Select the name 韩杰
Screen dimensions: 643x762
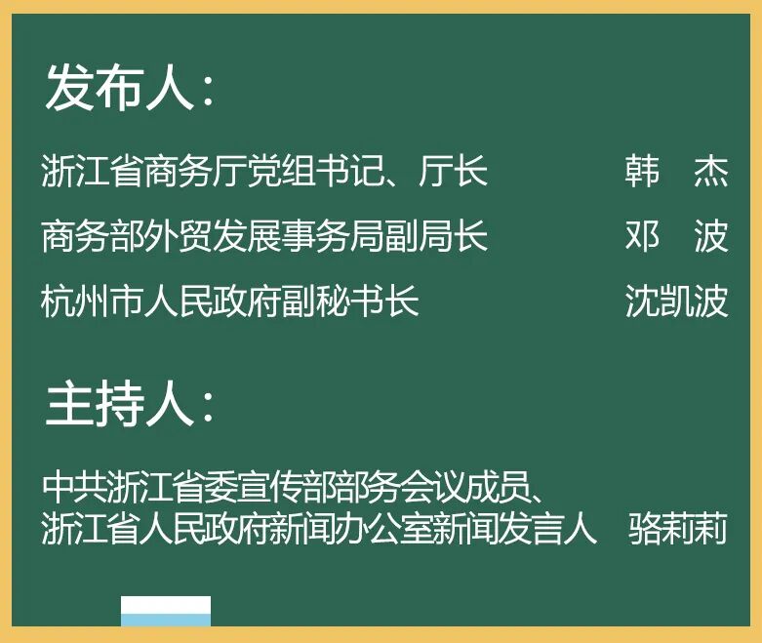coord(676,172)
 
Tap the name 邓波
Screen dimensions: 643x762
coord(676,236)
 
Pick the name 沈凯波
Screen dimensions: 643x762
coord(676,301)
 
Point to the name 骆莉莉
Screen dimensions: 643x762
coord(678,530)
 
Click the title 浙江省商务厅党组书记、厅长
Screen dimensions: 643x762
coord(264,172)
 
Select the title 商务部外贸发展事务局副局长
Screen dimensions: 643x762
coord(264,236)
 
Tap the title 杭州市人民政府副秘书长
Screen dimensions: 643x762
coord(230,301)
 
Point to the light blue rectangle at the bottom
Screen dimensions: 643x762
coord(166,620)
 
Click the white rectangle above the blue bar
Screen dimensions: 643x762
coord(166,604)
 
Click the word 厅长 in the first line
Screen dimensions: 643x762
coord(454,172)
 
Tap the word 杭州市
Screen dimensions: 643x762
coord(93,301)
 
